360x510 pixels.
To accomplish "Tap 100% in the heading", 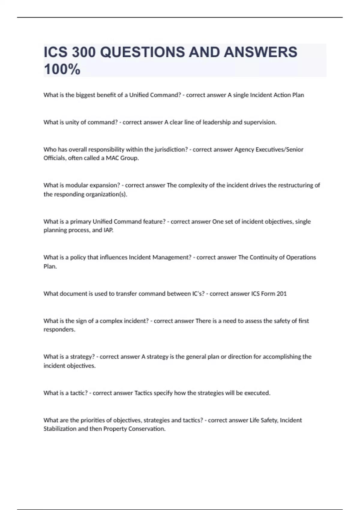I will (x=62, y=69).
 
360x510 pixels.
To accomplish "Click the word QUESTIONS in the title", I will (x=142, y=52).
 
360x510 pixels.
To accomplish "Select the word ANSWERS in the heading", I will (x=260, y=52).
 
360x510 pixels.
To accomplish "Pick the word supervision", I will (x=260, y=122).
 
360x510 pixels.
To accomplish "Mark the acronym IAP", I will (x=108, y=230).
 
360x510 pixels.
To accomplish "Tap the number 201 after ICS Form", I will (x=282, y=294).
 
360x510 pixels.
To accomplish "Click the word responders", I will (x=59, y=329).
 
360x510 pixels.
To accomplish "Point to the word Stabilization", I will (x=60, y=429).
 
